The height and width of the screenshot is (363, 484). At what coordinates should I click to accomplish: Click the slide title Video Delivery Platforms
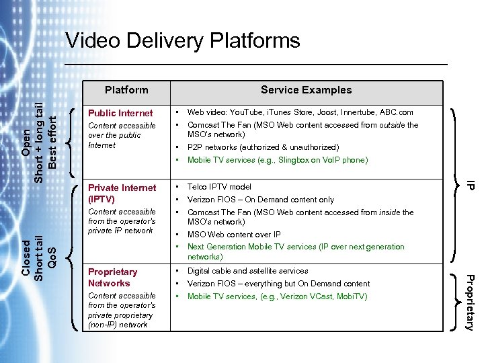click(183, 41)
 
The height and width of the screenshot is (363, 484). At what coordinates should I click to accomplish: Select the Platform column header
click(126, 89)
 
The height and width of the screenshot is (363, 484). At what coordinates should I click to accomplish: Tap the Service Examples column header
click(306, 89)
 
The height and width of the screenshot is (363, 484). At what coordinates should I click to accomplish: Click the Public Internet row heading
click(121, 113)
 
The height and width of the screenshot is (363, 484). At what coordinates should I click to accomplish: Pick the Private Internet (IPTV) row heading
click(122, 194)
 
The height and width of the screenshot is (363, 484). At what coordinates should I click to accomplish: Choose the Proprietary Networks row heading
click(112, 278)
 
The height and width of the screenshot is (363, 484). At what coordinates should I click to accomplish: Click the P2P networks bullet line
click(263, 147)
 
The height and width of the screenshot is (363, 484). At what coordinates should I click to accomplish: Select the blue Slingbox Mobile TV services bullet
click(278, 160)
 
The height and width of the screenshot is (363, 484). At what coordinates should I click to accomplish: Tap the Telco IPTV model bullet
click(219, 187)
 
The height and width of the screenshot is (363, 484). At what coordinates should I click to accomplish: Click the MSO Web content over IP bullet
click(234, 235)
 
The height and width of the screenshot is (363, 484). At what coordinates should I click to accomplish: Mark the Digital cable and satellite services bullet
click(247, 271)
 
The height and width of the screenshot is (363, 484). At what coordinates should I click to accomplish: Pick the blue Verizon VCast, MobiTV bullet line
click(277, 296)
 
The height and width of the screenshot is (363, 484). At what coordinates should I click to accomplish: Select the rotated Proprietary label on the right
click(471, 302)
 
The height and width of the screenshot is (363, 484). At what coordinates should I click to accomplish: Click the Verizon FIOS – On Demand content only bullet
click(260, 200)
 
